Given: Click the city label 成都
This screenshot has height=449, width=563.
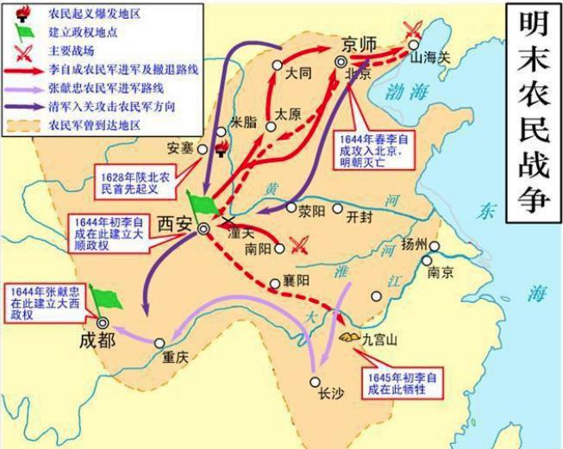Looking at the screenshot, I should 95,339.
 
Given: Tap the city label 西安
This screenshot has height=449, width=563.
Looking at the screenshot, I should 174,224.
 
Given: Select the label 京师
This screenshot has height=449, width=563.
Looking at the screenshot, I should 360,45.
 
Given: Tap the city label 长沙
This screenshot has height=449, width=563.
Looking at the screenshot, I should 331,393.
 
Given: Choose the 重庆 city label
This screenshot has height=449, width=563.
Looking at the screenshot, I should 178,355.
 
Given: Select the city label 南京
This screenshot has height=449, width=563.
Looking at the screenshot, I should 441,271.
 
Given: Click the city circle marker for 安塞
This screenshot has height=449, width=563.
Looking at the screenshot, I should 203,148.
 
